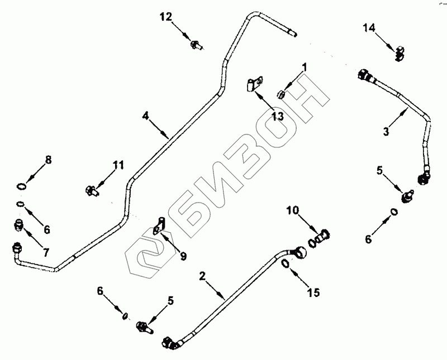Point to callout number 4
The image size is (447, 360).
pyautogui.click(x=145, y=116)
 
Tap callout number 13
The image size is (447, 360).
pyautogui.click(x=277, y=116)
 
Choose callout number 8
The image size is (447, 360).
pyautogui.click(x=48, y=160)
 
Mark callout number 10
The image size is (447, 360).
pyautogui.click(x=294, y=211)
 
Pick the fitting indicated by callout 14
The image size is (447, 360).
pyautogui.click(x=398, y=52)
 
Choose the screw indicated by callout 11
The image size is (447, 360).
pyautogui.click(x=91, y=190)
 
